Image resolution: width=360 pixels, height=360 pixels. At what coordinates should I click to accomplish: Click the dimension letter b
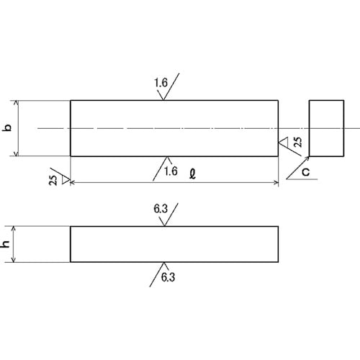(x=8, y=127)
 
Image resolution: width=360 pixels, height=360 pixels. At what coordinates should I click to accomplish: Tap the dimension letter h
(x=6, y=244)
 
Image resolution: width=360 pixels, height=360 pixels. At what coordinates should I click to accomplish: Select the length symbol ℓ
(x=192, y=174)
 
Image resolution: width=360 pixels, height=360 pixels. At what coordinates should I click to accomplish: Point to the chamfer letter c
(x=306, y=172)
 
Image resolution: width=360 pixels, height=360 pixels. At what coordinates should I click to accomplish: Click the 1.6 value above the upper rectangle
(x=161, y=83)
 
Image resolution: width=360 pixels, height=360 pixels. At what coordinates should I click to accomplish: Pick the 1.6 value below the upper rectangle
(x=171, y=171)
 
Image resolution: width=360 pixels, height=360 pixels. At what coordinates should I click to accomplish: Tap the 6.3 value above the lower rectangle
(x=161, y=209)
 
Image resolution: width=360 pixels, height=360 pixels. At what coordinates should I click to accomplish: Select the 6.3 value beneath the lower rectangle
(x=168, y=277)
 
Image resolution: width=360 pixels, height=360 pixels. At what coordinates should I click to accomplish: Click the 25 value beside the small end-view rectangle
(x=298, y=142)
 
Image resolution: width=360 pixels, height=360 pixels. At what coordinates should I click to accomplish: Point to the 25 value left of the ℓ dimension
(x=53, y=180)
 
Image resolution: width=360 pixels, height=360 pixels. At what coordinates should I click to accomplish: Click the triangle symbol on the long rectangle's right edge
(x=283, y=142)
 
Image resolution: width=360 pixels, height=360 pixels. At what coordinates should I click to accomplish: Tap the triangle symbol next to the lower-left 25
(x=66, y=180)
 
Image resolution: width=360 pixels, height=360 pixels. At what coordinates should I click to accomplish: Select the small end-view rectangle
(x=326, y=128)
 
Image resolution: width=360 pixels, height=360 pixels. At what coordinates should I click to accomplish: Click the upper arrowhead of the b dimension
(x=17, y=103)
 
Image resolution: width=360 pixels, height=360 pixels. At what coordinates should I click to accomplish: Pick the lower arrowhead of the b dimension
(x=17, y=153)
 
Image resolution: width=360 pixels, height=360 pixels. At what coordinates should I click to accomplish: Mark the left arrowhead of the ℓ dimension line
(x=73, y=183)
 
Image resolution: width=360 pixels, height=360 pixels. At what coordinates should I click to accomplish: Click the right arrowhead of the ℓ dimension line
(x=276, y=183)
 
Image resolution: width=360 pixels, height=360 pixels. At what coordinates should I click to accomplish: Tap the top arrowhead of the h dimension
(x=14, y=228)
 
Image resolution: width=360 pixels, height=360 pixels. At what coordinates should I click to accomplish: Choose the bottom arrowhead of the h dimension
(x=14, y=260)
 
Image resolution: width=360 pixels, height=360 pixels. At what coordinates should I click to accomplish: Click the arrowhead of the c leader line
(x=307, y=158)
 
